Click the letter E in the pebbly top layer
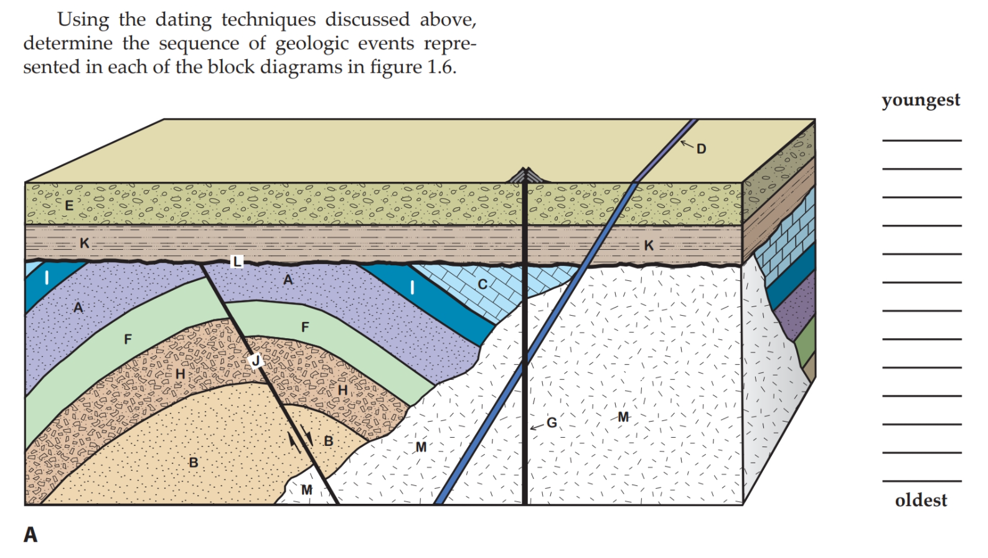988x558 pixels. click(68, 205)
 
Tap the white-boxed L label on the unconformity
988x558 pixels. click(237, 262)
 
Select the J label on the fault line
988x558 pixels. click(255, 361)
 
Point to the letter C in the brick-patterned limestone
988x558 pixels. click(482, 285)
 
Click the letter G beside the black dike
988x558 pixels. click(552, 423)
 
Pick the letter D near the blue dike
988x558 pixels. click(702, 149)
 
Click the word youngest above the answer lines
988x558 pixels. click(921, 100)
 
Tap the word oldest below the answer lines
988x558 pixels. click(921, 500)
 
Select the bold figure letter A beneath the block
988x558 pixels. click(30, 534)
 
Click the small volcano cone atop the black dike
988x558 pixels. click(526, 175)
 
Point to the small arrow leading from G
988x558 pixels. click(537, 427)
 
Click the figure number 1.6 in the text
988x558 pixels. click(441, 67)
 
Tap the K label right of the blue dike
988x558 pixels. click(649, 245)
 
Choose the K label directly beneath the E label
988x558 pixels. click(84, 243)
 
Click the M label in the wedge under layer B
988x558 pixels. click(306, 490)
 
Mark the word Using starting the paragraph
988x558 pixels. click(83, 20)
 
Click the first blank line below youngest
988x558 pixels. click(921, 139)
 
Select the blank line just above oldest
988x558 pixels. click(921, 480)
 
